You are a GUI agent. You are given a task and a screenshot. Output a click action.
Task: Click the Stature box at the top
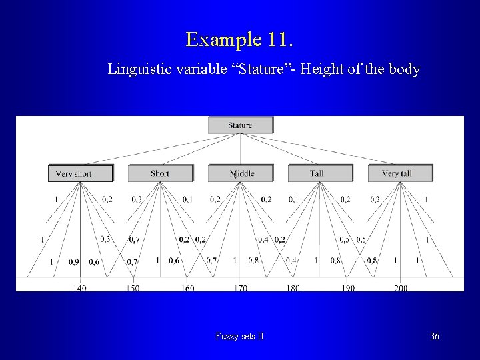click(x=240, y=125)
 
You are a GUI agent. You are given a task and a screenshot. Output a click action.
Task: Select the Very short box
click(x=80, y=173)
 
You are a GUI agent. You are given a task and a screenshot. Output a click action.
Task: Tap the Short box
click(x=160, y=173)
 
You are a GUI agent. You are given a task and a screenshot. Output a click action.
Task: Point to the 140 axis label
click(x=80, y=288)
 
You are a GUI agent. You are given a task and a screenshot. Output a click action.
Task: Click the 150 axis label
click(x=133, y=288)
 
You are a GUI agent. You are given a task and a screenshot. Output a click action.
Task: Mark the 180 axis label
click(x=293, y=288)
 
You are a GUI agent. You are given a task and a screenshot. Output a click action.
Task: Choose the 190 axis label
click(x=347, y=288)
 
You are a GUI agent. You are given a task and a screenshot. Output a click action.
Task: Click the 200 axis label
click(x=400, y=288)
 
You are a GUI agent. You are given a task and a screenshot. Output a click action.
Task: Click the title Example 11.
click(x=239, y=39)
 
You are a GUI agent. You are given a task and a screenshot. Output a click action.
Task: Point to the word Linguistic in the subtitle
click(x=138, y=69)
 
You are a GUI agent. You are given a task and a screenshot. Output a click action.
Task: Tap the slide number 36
click(x=435, y=336)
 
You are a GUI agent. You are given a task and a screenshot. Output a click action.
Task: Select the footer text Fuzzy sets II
click(x=239, y=336)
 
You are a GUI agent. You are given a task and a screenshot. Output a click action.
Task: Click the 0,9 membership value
click(x=73, y=261)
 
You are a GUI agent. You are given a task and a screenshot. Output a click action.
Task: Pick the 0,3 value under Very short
click(x=105, y=239)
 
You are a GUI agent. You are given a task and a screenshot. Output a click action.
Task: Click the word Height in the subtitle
click(x=321, y=69)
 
